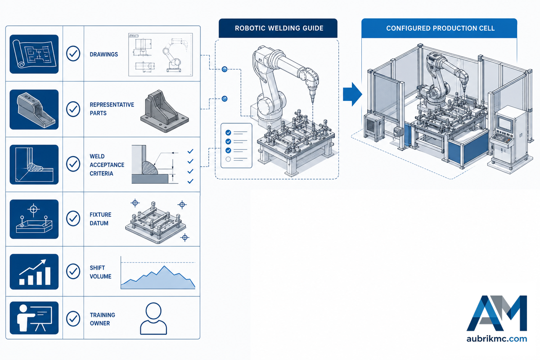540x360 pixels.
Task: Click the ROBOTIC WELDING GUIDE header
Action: point(279,28)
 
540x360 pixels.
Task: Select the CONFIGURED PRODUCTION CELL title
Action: point(440,28)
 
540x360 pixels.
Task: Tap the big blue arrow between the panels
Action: point(352,94)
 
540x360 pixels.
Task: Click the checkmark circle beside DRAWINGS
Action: point(73,54)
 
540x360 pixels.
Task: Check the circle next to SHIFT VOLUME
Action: point(73,271)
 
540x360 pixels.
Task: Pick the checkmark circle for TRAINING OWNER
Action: point(73,319)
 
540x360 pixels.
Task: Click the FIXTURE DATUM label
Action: point(100,219)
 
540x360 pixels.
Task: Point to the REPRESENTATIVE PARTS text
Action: point(112,109)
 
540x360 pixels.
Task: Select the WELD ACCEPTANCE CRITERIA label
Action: point(107,165)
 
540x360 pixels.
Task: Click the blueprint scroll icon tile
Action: point(34,54)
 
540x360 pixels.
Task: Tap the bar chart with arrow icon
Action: point(34,272)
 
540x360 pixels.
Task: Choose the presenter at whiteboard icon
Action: point(34,318)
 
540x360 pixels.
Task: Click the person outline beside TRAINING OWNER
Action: point(153,319)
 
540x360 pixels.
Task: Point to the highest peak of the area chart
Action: point(164,266)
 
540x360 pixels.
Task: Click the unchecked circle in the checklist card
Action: point(228,159)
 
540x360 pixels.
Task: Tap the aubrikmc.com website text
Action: point(497,339)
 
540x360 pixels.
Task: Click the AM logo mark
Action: point(497,313)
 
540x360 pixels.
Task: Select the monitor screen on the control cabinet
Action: point(505,123)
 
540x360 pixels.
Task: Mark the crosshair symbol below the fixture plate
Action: point(184,238)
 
